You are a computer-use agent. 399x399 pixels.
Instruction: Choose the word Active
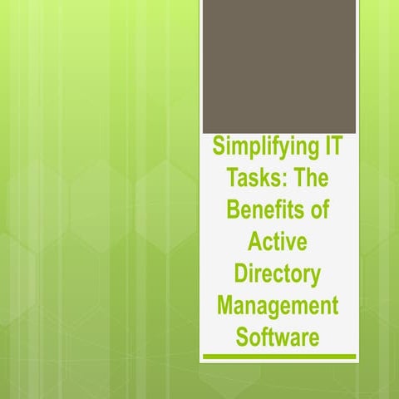[278, 242]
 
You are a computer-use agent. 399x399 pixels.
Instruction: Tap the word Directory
[278, 273]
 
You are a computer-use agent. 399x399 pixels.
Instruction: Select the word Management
[278, 304]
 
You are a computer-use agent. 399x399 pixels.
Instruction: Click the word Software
[278, 335]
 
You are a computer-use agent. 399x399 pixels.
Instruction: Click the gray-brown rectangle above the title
[279, 66]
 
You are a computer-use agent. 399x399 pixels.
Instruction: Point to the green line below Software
[279, 357]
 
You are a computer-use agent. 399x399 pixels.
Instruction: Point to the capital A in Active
[256, 242]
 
